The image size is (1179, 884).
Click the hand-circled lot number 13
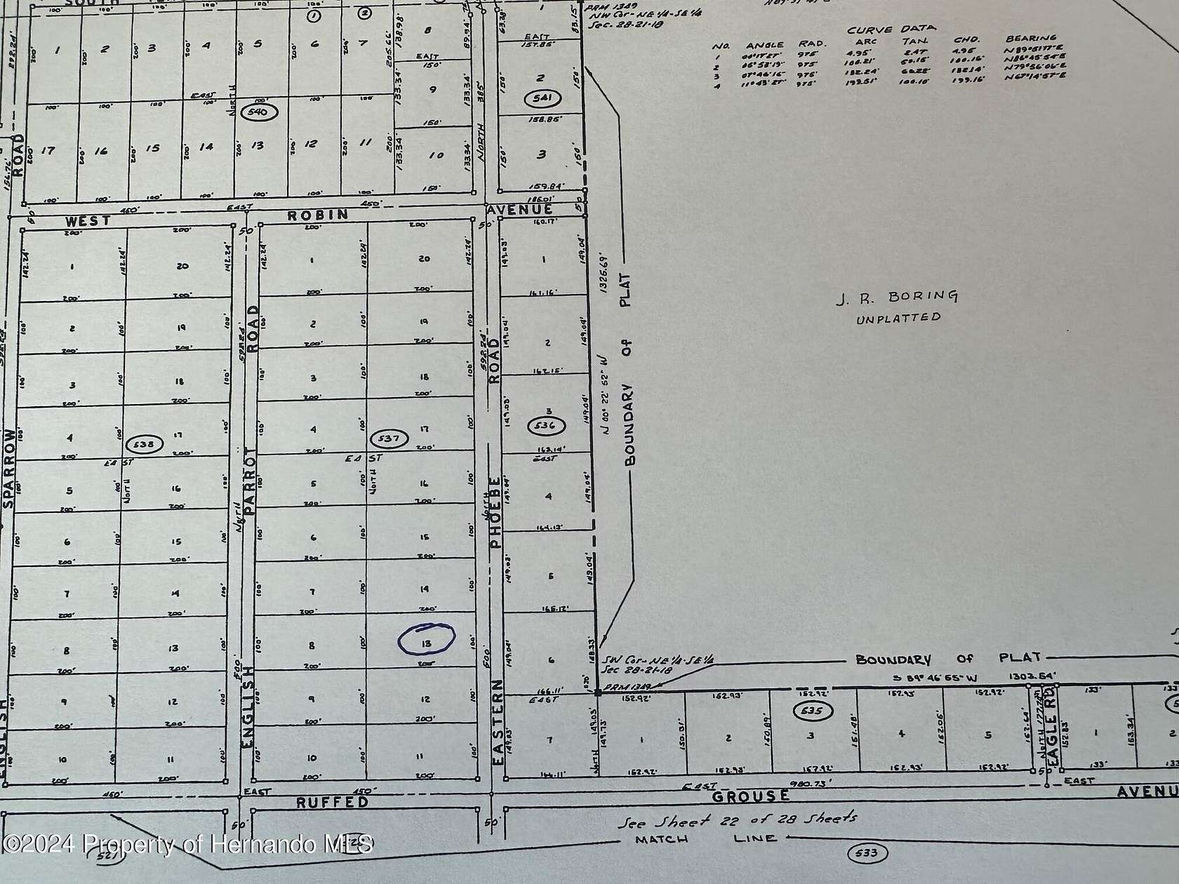426,639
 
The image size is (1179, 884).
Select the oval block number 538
145,444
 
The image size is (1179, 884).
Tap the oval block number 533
867,853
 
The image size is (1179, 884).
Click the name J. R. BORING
896,297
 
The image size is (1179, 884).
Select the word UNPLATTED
898,318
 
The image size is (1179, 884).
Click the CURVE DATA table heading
891,29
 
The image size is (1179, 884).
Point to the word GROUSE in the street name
750,796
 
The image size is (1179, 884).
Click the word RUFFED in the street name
332,802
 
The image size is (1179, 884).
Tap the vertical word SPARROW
9,469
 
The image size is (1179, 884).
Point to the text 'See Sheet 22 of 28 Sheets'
736,820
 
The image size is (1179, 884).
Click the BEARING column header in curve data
1031,39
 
